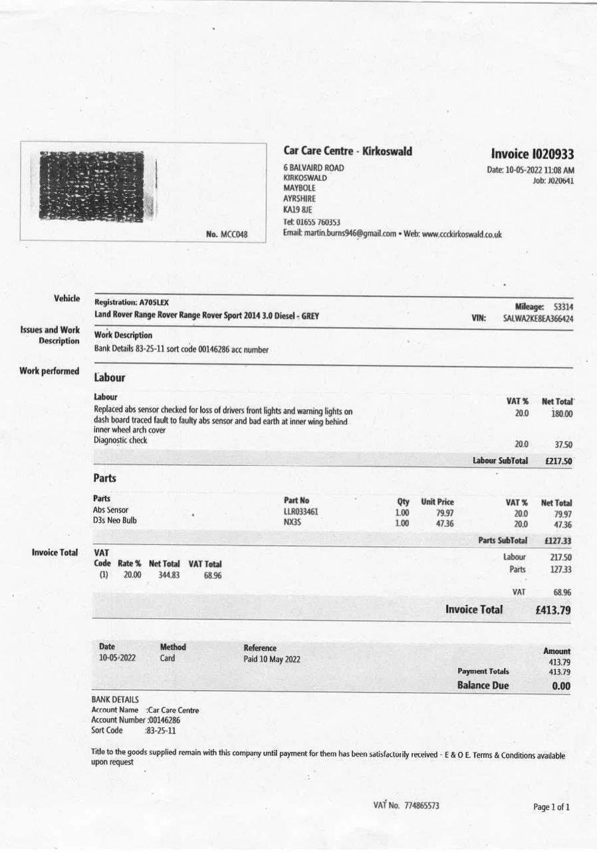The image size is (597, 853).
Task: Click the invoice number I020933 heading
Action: click(x=533, y=154)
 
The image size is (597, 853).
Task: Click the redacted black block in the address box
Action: click(x=92, y=186)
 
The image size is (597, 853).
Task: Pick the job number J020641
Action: click(x=557, y=181)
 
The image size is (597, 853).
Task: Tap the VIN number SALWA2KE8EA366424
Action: click(x=538, y=319)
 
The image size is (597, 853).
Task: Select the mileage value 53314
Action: click(x=563, y=307)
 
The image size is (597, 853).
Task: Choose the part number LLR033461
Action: click(x=300, y=512)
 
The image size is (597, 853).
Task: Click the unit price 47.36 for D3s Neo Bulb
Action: click(x=445, y=524)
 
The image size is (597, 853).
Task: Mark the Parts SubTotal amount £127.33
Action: click(x=557, y=541)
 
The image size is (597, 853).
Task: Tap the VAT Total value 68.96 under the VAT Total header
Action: click(x=213, y=576)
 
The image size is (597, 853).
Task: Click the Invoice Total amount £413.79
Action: click(x=552, y=609)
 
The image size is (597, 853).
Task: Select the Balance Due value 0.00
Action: click(x=561, y=686)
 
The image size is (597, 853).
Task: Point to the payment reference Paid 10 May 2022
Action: click(x=272, y=659)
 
